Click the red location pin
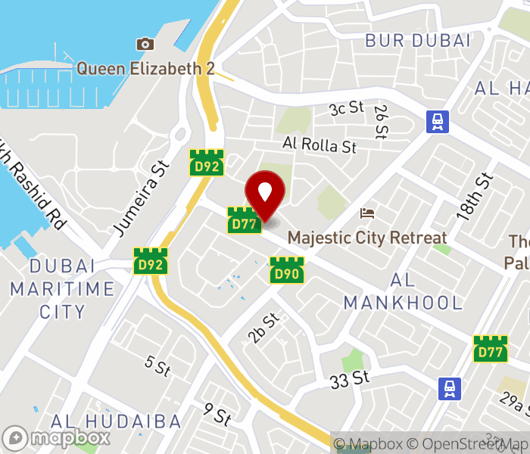[x=265, y=194]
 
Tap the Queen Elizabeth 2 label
[x=145, y=69]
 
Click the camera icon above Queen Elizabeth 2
[x=145, y=44]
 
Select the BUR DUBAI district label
[x=418, y=41]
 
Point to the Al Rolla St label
[x=320, y=144]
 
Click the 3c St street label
[x=347, y=109]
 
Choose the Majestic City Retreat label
[x=367, y=238]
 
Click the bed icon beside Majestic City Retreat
[x=368, y=213]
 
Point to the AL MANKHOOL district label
[x=403, y=292]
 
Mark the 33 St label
[x=349, y=378]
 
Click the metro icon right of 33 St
[x=450, y=389]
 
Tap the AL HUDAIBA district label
[x=116, y=421]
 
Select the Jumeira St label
[x=139, y=196]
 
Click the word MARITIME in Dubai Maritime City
[x=62, y=289]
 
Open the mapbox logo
[x=57, y=437]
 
